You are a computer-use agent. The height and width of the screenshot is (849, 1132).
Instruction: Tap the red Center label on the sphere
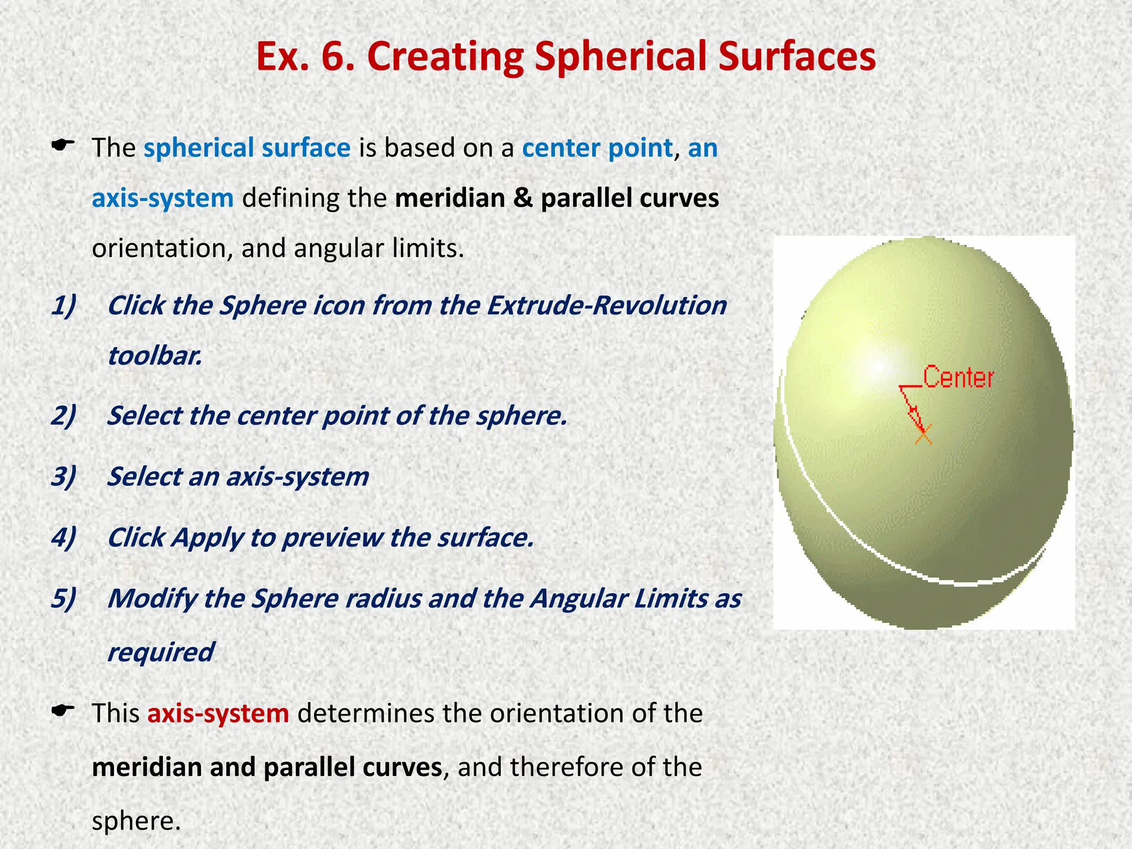(x=958, y=378)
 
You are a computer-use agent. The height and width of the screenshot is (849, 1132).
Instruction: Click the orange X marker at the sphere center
(x=923, y=435)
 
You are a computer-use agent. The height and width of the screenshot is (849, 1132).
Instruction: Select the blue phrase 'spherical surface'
(x=247, y=148)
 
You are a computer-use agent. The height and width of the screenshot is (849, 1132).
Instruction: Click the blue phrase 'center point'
(x=597, y=148)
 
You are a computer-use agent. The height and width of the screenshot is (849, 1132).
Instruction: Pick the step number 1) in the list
(x=64, y=306)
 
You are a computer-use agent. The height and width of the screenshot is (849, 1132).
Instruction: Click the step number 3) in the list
(x=64, y=477)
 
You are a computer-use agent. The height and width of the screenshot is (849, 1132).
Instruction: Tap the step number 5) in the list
(x=64, y=599)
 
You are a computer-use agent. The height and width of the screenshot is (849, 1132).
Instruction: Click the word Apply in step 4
(x=207, y=538)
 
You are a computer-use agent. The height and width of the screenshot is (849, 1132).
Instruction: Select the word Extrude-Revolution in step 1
(x=606, y=306)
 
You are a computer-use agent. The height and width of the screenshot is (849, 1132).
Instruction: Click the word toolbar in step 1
(x=154, y=355)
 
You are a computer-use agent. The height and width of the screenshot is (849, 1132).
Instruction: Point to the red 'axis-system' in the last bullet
(x=218, y=713)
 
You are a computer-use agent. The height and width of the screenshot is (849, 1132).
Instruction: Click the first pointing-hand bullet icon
(x=62, y=146)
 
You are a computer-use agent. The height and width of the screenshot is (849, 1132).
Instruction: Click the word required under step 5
(x=161, y=652)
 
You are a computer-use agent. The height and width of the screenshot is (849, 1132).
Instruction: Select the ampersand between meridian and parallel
(x=522, y=198)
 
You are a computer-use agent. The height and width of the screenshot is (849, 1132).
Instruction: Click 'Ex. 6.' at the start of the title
(x=305, y=57)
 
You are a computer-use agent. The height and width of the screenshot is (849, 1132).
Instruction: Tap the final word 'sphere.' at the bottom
(x=136, y=821)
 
